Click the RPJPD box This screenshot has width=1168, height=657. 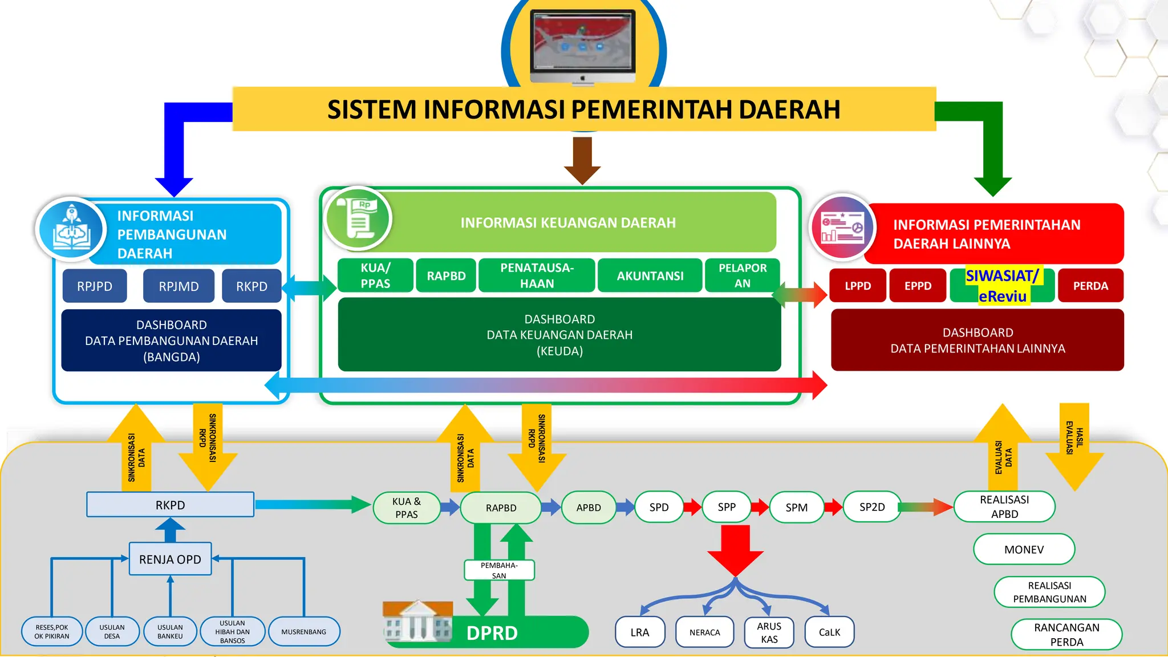coord(95,286)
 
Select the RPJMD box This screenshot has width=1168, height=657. coord(179,286)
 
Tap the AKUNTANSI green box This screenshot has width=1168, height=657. coord(650,276)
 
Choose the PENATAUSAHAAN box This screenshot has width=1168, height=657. coord(537,275)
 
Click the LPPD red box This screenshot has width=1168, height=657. coord(858,286)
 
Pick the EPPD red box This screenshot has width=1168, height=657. coord(918,286)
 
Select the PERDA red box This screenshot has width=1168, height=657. coord(1090,286)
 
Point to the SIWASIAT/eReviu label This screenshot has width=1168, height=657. coord(1002,286)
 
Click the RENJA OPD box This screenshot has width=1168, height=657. coord(170,559)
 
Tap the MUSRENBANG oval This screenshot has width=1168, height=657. coord(304,632)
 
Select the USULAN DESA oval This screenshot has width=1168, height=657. coord(112,632)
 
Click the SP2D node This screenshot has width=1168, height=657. coord(872,507)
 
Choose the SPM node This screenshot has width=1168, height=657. coord(796,508)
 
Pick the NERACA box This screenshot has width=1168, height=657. coord(704,632)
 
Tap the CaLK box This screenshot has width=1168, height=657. coord(829,632)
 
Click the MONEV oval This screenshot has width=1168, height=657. coord(1024,550)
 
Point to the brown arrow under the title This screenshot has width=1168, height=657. coord(582,160)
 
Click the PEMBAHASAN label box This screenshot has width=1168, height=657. coord(499,570)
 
